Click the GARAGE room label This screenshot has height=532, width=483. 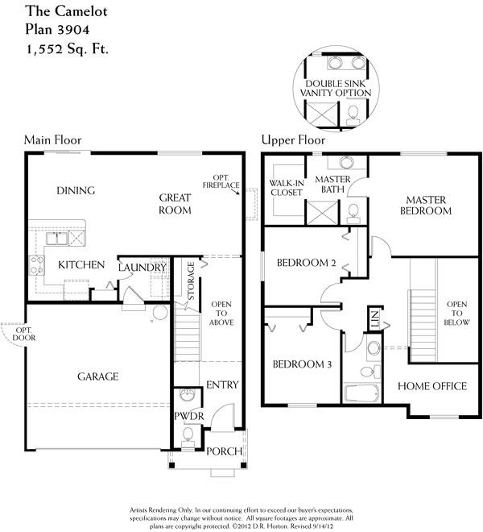(98, 376)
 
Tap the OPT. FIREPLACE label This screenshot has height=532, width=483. (221, 181)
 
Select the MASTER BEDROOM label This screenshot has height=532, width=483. (426, 206)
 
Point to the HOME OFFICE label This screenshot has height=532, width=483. (432, 386)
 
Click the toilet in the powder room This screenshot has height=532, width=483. (188, 438)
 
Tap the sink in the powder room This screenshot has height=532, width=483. (188, 395)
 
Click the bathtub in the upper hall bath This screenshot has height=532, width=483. (361, 393)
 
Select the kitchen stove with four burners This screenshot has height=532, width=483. (36, 265)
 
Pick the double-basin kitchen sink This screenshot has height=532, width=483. (57, 239)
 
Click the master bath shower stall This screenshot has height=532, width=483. (322, 212)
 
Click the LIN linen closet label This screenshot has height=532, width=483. (374, 319)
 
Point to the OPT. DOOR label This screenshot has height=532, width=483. (23, 335)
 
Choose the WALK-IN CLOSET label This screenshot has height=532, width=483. (287, 188)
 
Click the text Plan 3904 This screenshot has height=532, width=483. (58, 30)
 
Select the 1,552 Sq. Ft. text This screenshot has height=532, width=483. (67, 49)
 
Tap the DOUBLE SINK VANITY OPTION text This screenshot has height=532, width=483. (336, 88)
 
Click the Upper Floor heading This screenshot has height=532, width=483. (293, 139)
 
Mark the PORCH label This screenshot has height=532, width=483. (225, 451)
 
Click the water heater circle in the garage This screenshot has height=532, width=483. (160, 312)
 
